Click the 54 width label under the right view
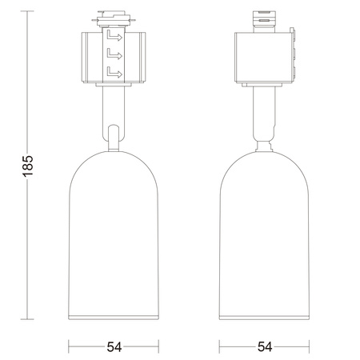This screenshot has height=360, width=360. (264, 347)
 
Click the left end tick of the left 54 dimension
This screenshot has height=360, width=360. (69, 347)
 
